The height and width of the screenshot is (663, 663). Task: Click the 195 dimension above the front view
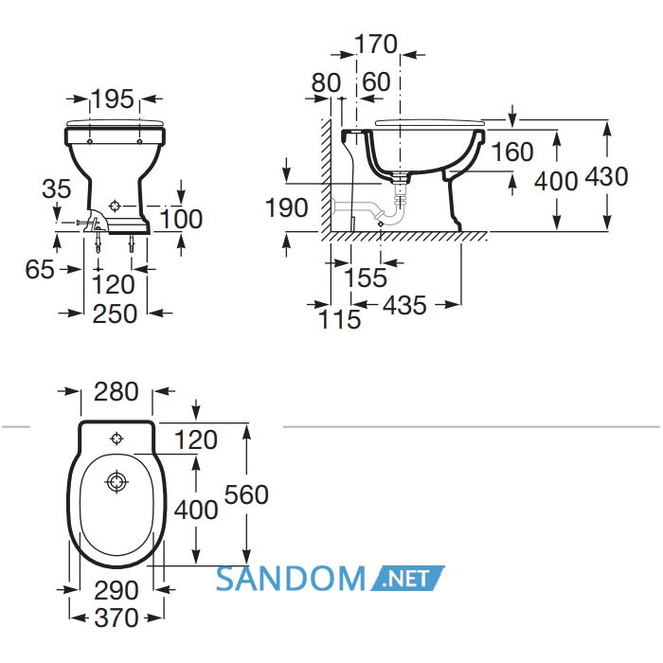[113, 99]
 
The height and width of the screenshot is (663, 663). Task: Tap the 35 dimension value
[57, 188]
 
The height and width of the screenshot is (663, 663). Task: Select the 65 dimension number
[40, 269]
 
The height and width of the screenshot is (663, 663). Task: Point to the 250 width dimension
[115, 314]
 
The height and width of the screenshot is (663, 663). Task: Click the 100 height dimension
[182, 219]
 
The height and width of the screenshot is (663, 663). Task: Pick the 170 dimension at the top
[376, 44]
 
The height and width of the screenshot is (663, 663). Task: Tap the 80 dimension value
[326, 82]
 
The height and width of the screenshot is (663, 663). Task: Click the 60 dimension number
[376, 81]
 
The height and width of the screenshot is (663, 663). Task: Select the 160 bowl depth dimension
[512, 152]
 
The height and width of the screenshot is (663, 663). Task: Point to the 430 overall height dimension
[606, 176]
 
